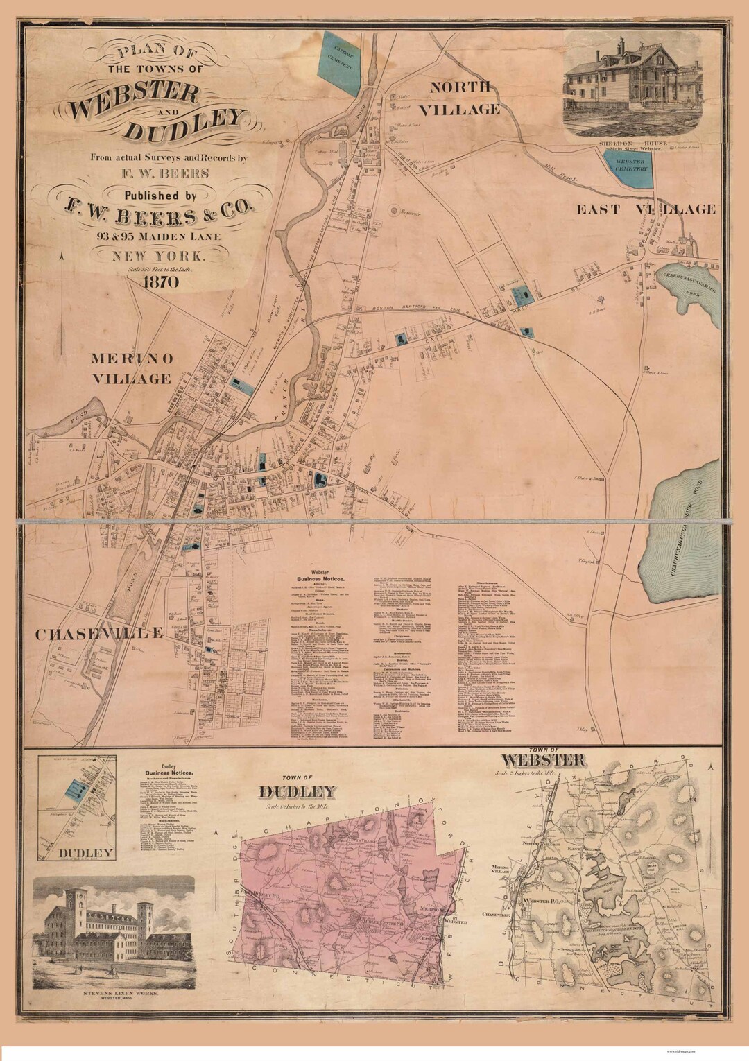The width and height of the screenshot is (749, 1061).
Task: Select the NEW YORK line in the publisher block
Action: click(x=160, y=255)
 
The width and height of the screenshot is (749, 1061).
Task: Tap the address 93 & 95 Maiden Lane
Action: click(x=160, y=236)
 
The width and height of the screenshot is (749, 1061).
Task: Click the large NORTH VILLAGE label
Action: click(x=464, y=98)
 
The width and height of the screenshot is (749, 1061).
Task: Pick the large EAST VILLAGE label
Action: click(x=646, y=209)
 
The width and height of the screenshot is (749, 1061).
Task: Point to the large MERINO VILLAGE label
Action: click(x=130, y=368)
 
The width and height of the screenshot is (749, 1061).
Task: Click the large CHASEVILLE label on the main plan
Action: click(x=99, y=633)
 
